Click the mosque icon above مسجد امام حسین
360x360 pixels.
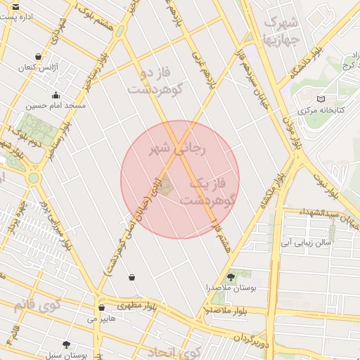tap(56, 96)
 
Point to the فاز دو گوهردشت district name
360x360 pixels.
tap(155, 81)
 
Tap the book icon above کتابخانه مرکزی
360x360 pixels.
tap(321, 99)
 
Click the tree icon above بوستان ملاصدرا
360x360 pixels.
tap(231, 277)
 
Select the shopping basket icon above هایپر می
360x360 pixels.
tap(101, 308)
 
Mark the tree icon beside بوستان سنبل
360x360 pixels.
tap(67, 345)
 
